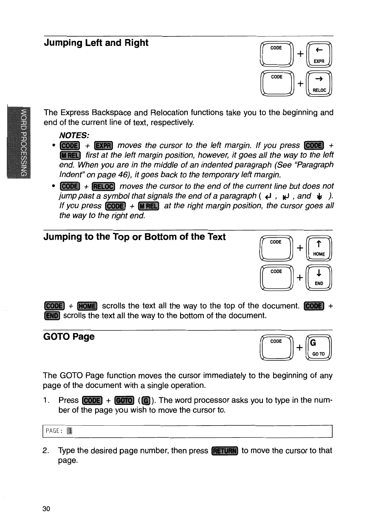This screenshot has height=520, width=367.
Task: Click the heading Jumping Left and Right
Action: [x=96, y=43]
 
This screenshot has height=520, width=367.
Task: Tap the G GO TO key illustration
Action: [x=319, y=348]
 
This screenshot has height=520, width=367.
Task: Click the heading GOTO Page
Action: [x=69, y=337]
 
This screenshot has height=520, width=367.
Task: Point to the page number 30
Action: [x=46, y=509]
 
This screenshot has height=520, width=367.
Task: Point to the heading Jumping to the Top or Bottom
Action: [x=135, y=236]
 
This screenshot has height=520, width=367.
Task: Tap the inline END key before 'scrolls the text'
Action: [x=52, y=316]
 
